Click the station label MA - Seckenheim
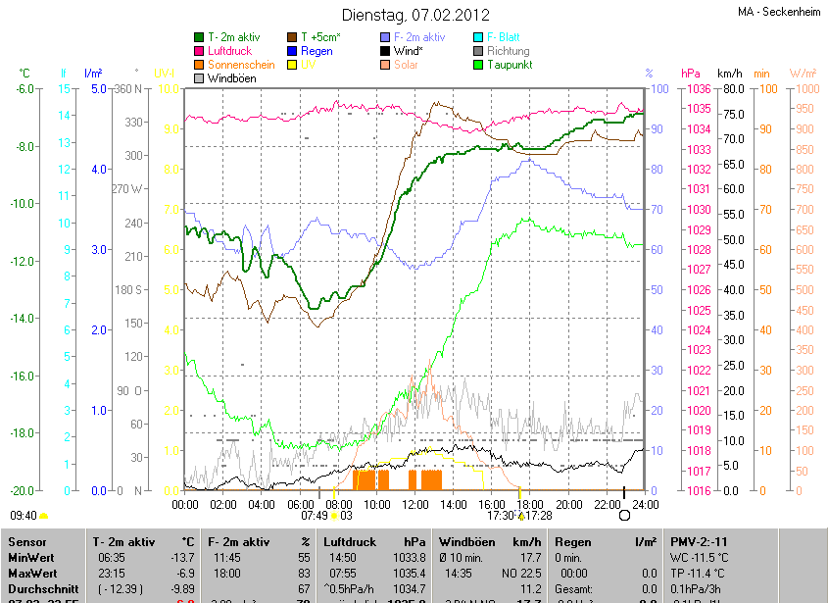[778, 12]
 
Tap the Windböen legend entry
[232, 78]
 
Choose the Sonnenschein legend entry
[241, 65]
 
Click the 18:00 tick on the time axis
[529, 504]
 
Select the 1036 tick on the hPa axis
[699, 89]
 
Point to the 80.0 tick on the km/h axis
[731, 89]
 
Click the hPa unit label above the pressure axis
[691, 74]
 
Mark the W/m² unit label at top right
[803, 74]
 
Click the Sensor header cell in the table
[26, 541]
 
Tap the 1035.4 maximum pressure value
[412, 572]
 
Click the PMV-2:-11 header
[699, 541]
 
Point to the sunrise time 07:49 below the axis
[314, 515]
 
